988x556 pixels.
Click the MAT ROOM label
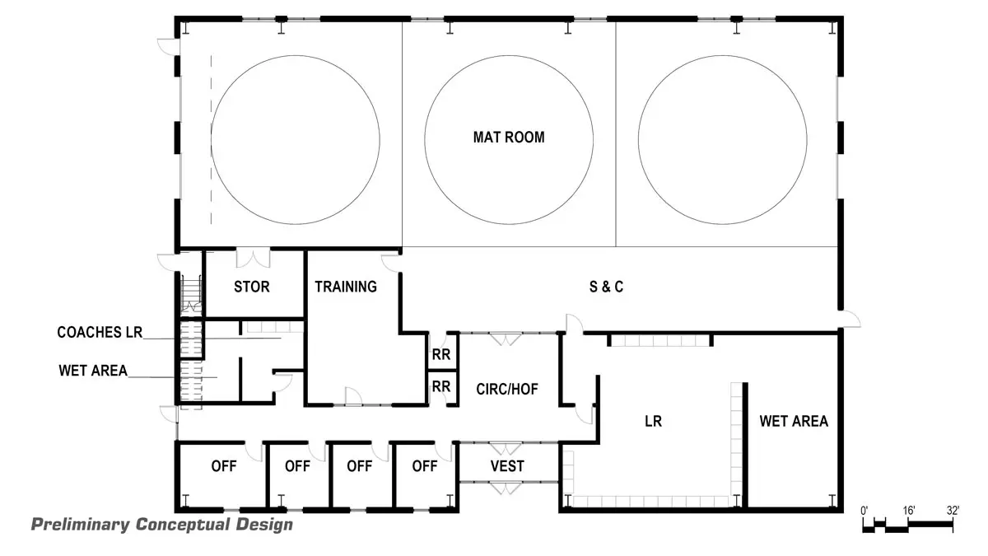[508, 138]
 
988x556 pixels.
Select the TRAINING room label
[346, 287]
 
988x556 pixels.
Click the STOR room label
[252, 287]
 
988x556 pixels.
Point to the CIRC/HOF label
[508, 389]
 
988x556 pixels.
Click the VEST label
[507, 466]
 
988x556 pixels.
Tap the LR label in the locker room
[654, 422]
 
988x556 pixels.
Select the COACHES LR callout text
[100, 333]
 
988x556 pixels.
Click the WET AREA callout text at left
[93, 371]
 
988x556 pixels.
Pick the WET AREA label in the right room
[793, 422]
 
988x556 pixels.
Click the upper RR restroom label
[441, 356]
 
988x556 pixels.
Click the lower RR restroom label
[441, 386]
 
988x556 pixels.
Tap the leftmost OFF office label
[223, 466]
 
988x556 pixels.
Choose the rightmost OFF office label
[424, 466]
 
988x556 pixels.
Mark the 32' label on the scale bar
[953, 510]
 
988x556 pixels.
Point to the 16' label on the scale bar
[909, 510]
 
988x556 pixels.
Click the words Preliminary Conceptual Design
[161, 525]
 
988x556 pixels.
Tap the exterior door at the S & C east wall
[849, 320]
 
